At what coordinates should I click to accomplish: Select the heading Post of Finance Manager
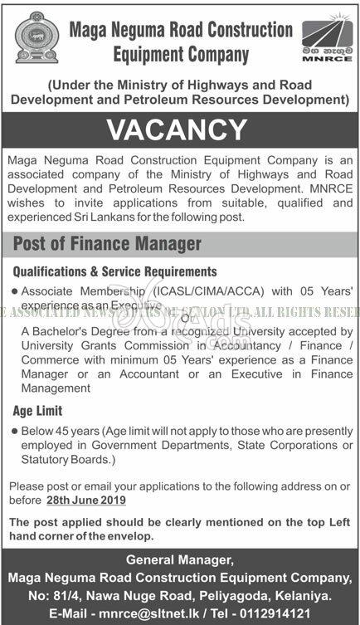point(108,244)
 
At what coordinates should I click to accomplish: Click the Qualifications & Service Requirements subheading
point(114,271)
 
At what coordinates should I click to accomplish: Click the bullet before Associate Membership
point(17,292)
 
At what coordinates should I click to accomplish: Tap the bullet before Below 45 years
point(17,432)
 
